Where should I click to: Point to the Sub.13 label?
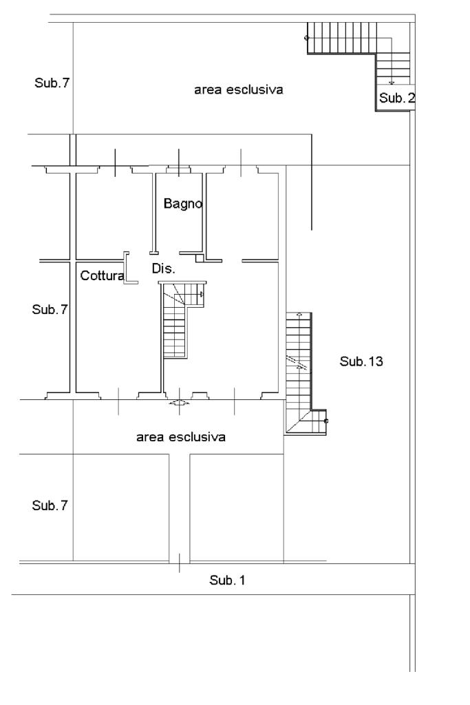click(x=361, y=361)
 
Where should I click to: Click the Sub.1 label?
click(x=227, y=580)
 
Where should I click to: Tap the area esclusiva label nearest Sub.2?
click(x=238, y=90)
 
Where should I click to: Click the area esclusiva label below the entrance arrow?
click(x=181, y=436)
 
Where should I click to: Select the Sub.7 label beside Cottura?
click(x=50, y=309)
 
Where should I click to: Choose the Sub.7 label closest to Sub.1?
click(x=50, y=505)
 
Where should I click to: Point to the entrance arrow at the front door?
click(x=178, y=403)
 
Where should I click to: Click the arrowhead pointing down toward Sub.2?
click(x=392, y=82)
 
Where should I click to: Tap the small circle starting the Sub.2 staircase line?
click(x=307, y=37)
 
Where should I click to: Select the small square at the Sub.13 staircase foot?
click(x=326, y=420)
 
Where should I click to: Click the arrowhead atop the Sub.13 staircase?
click(x=299, y=315)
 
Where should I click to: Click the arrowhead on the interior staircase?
click(x=201, y=294)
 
